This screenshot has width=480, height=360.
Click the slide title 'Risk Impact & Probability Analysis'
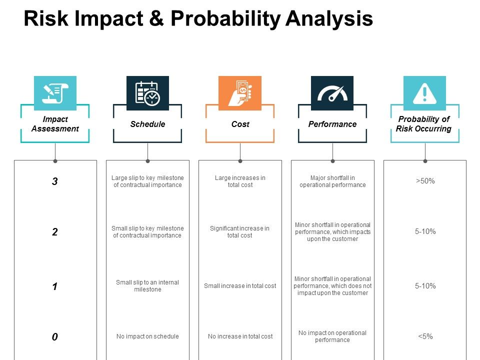[x=198, y=19]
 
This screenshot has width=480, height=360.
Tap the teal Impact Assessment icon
[x=55, y=93]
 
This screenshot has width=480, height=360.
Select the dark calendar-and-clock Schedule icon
[x=147, y=93]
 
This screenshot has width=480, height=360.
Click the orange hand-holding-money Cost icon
[x=240, y=93]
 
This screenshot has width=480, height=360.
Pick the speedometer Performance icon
[x=332, y=93]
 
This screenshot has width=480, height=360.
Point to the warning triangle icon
[x=424, y=93]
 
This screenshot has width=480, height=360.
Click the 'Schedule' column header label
[x=147, y=124]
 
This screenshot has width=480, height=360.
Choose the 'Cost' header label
[x=240, y=124]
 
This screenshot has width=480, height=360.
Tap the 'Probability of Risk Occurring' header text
[x=424, y=124]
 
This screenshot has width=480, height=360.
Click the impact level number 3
[x=55, y=182]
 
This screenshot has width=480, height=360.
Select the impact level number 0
[x=55, y=337]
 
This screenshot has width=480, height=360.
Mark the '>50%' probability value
[x=425, y=181]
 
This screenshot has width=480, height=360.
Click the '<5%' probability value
[x=425, y=336]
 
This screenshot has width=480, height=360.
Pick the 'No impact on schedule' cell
[x=147, y=336]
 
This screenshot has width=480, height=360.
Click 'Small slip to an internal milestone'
[x=147, y=286]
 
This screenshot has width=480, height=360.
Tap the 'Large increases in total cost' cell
[x=240, y=181]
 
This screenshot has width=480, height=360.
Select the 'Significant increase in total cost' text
[x=240, y=232]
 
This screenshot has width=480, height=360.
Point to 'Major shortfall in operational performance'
[x=332, y=181]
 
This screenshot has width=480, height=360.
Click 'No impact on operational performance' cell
[x=332, y=336]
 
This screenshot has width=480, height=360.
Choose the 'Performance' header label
[x=332, y=124]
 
